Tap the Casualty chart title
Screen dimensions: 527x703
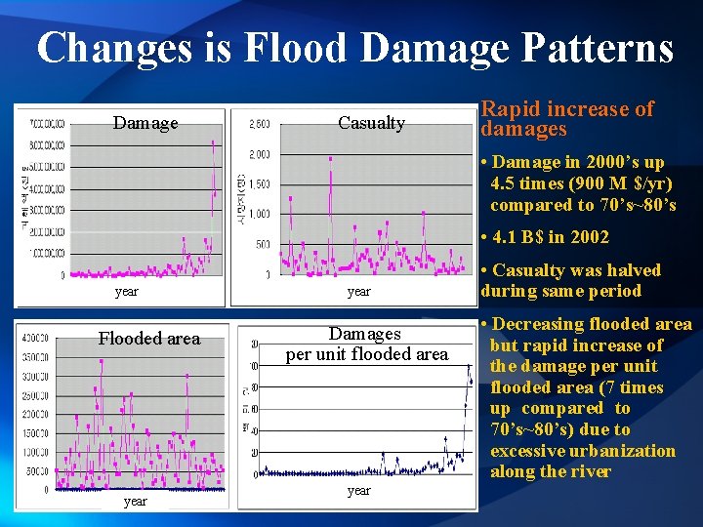[x=371, y=123]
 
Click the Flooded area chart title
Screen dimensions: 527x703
[x=148, y=339]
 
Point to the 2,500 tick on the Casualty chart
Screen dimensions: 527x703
[x=260, y=124]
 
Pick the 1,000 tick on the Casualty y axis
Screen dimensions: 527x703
[x=260, y=215]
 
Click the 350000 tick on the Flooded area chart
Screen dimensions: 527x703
[x=36, y=357]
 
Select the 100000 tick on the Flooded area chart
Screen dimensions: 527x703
[x=36, y=452]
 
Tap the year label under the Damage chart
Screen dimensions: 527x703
[x=126, y=291]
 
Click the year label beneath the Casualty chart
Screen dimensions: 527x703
[x=359, y=291]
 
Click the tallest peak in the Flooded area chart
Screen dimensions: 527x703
[x=101, y=361]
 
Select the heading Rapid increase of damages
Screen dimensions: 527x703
[x=566, y=119]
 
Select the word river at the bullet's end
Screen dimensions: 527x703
[x=591, y=472]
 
